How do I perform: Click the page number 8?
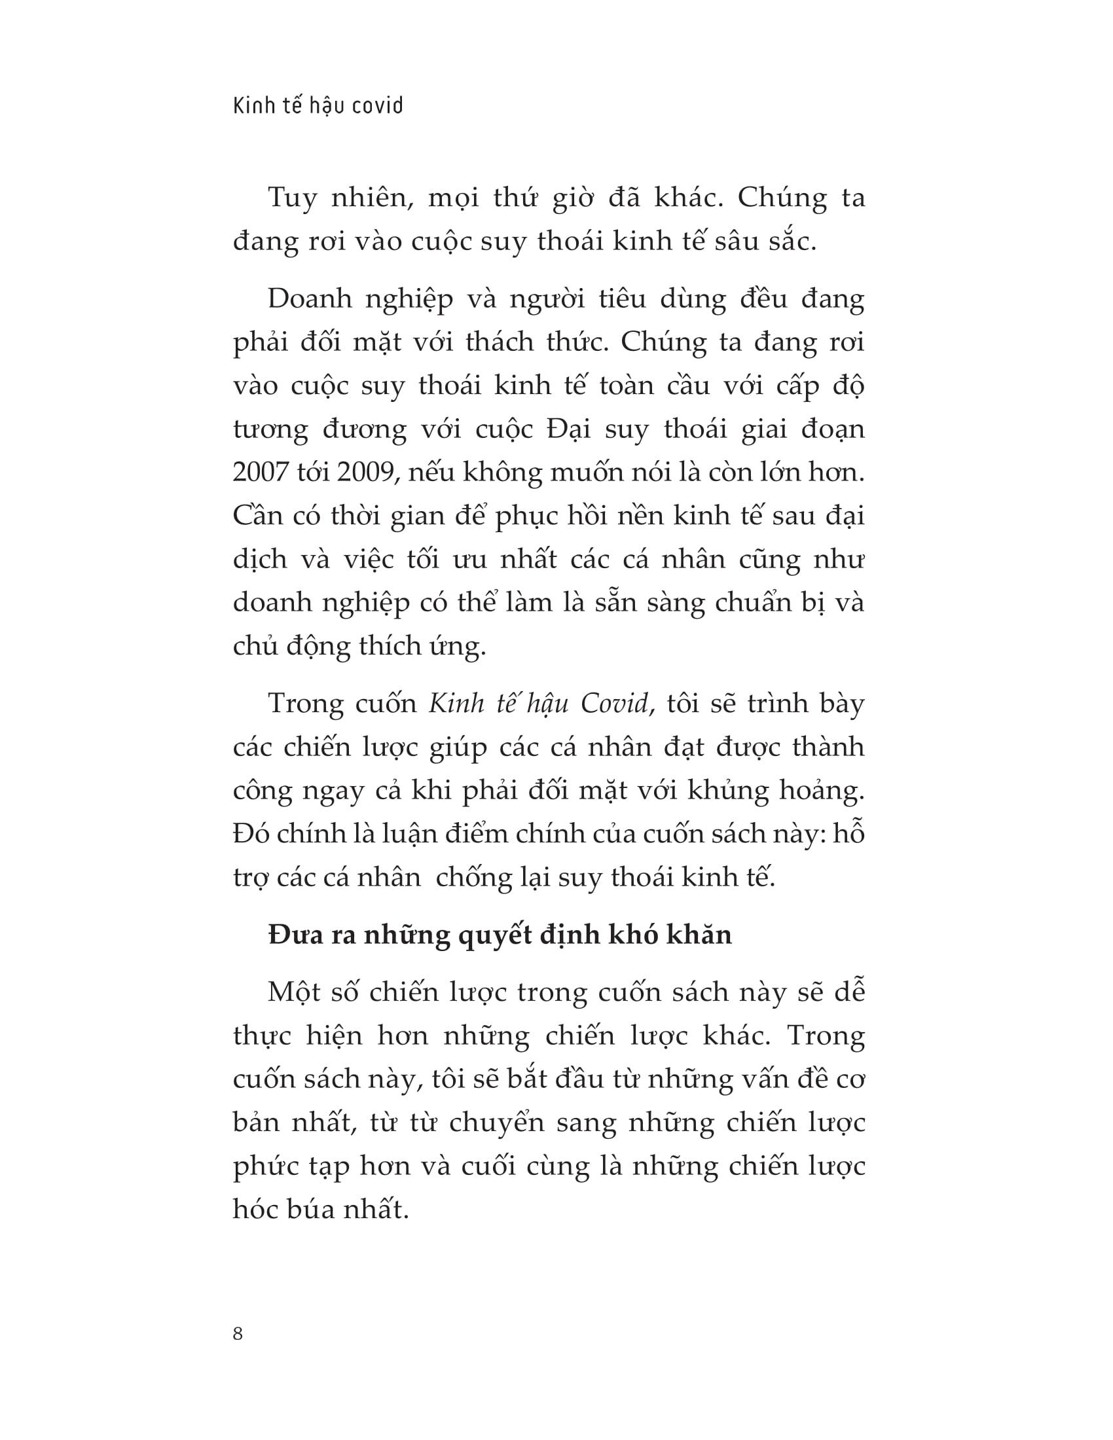coord(238,1333)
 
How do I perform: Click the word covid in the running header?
coord(378,105)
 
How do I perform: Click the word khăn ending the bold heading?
coord(702,935)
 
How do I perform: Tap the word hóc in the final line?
coord(257,1209)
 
